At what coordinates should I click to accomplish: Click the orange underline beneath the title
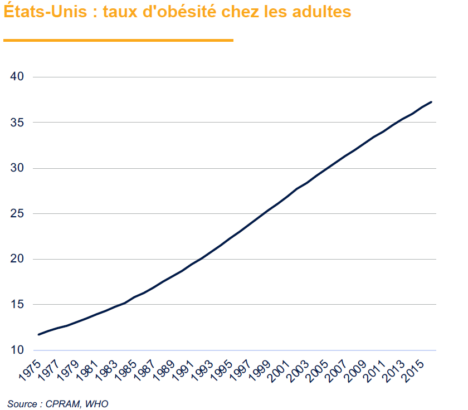click(118, 40)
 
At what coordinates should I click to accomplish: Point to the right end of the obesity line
click(431, 102)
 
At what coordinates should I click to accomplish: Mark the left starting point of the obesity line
click(38, 334)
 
